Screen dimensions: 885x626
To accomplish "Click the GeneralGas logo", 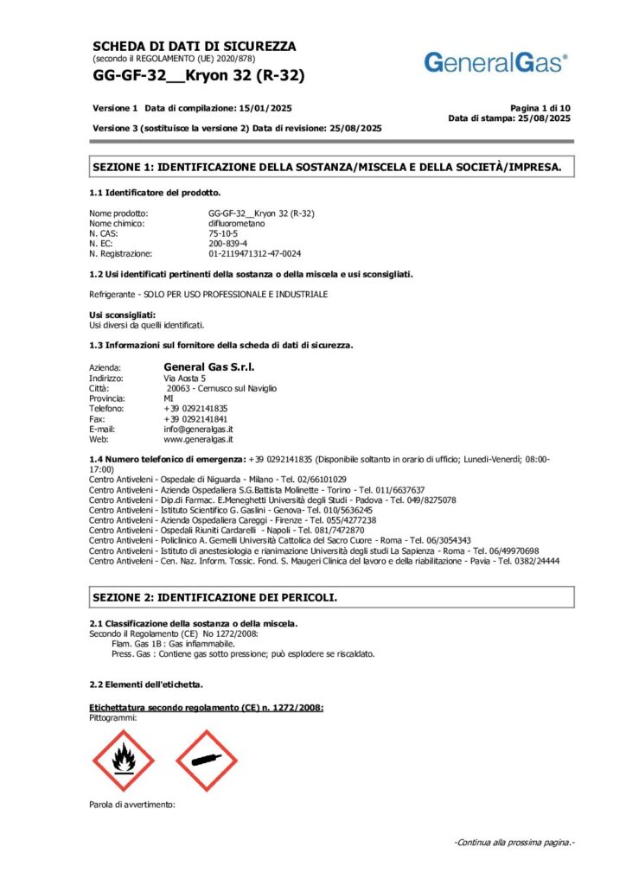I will [x=496, y=62].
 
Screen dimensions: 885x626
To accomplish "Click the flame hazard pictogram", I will [x=124, y=761].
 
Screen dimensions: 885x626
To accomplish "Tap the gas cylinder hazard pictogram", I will [x=206, y=761].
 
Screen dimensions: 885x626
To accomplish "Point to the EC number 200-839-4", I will [x=227, y=244].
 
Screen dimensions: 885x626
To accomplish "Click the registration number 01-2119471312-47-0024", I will [x=254, y=254].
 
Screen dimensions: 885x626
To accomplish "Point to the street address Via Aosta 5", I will [x=184, y=379].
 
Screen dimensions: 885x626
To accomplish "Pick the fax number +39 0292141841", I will [x=196, y=418].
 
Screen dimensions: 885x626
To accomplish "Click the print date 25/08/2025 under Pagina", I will [x=544, y=118].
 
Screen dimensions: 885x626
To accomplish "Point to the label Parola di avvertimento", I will [x=132, y=805].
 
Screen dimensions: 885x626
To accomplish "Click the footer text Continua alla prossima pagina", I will [x=514, y=843].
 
